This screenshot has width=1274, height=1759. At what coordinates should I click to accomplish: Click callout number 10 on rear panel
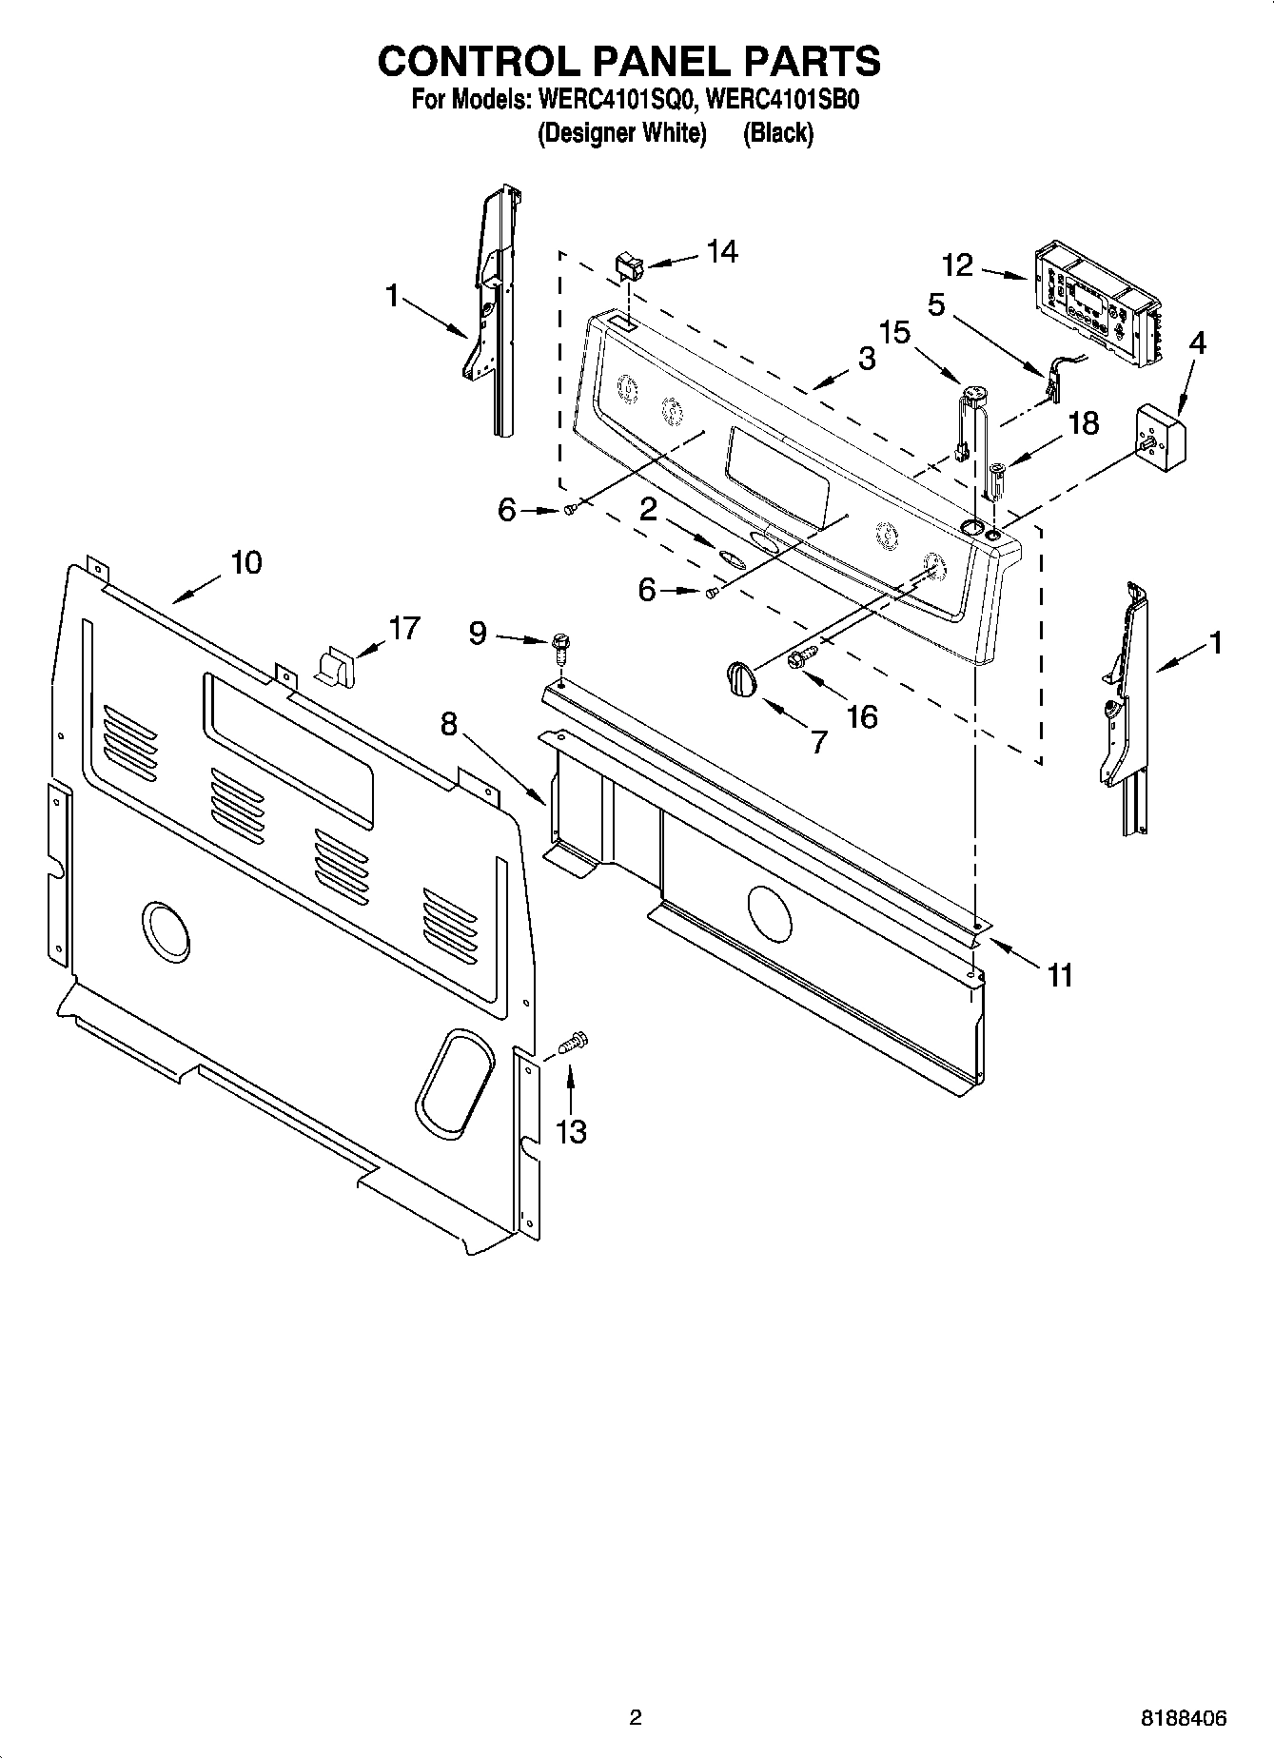tap(245, 562)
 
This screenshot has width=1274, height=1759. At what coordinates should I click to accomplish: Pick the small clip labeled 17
tap(333, 664)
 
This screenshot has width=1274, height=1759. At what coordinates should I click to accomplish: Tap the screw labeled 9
tap(560, 652)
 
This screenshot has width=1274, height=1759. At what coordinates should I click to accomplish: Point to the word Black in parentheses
tap(777, 133)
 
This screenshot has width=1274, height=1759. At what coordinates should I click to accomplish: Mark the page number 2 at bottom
tap(636, 1717)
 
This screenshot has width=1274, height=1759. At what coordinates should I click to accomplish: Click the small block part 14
tap(628, 265)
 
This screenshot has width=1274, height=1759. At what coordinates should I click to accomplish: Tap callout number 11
tap(1060, 974)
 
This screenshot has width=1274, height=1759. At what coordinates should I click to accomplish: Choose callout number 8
tap(449, 725)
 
